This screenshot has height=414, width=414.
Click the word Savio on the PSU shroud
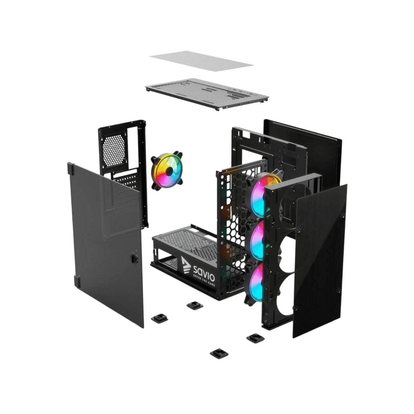coord(204,273)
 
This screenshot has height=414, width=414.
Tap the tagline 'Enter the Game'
coord(204,280)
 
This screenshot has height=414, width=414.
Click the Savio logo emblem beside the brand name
coord(186,265)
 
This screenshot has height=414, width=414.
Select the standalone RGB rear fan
coord(167,170)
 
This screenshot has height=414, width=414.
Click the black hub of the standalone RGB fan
coord(169,171)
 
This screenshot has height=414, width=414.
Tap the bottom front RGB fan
coord(256,282)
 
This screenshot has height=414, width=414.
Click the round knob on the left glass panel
coord(134,257)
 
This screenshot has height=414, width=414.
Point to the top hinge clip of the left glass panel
coord(71,168)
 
